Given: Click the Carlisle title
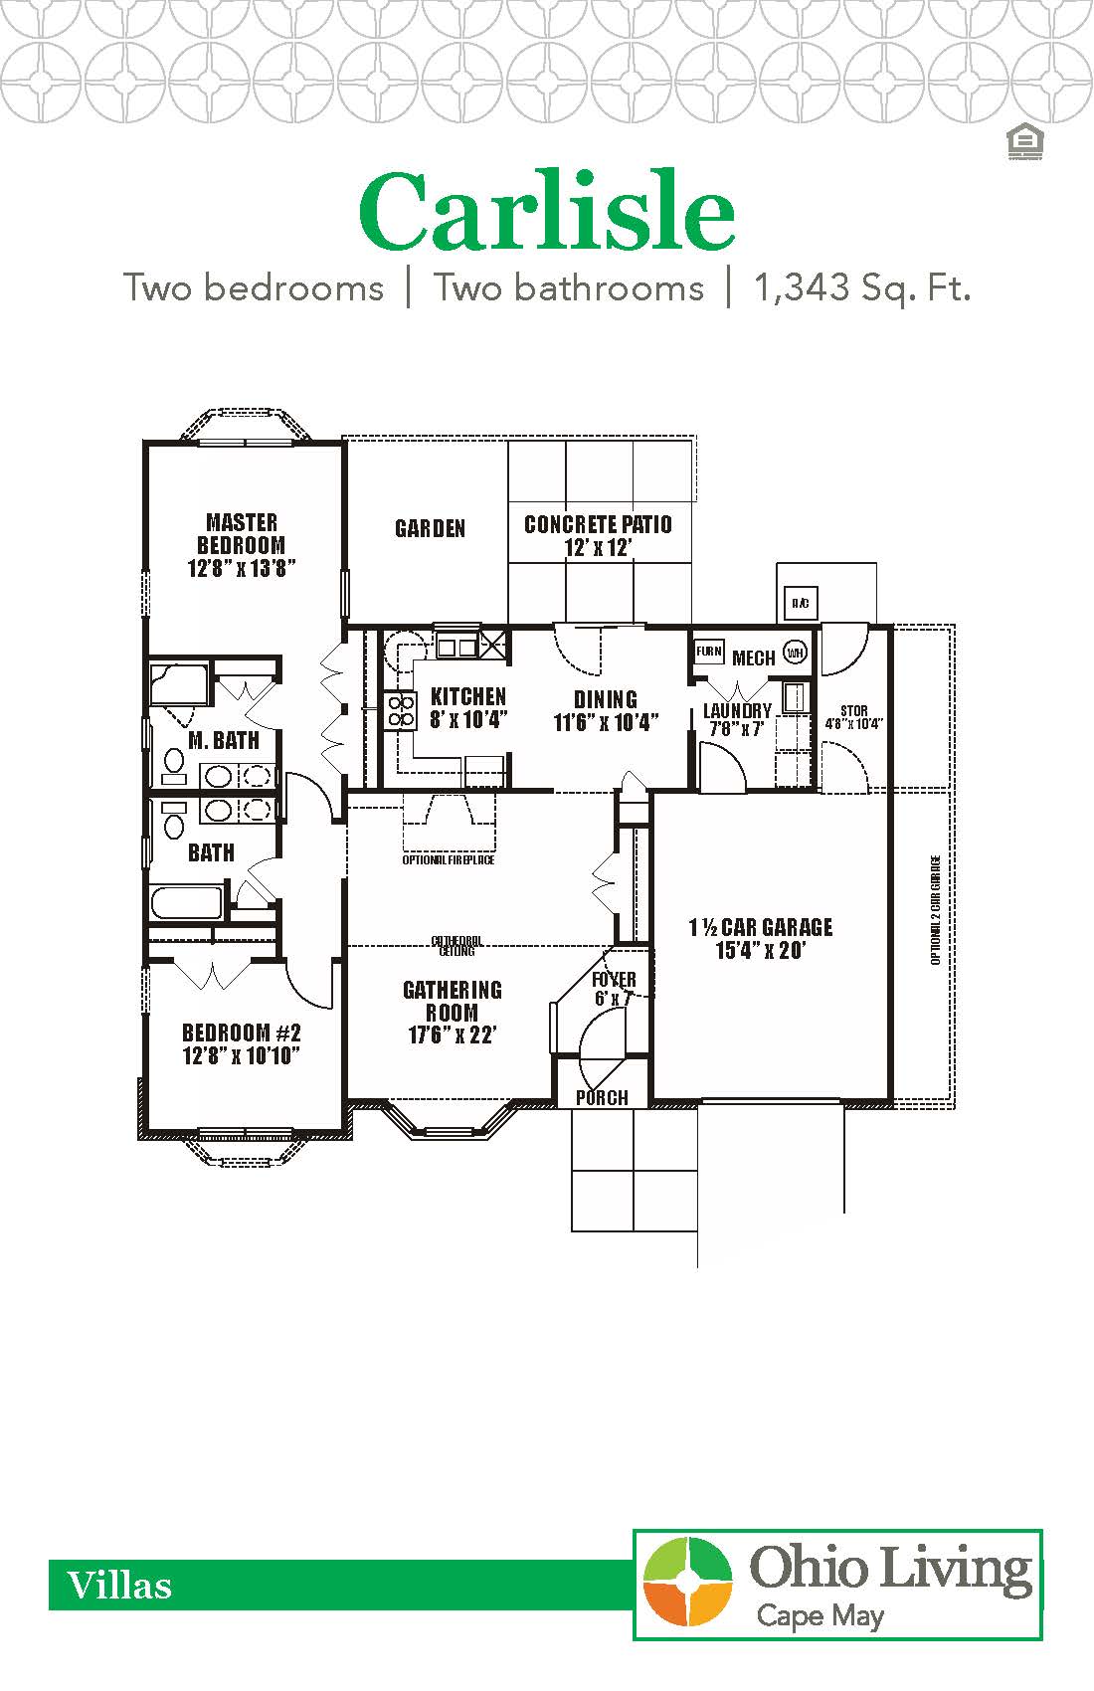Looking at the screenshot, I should (547, 212).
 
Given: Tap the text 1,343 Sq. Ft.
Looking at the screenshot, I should (861, 287).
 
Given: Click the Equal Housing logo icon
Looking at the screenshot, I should (1023, 143).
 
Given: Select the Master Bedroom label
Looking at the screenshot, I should (242, 545).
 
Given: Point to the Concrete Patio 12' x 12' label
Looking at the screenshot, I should (598, 535).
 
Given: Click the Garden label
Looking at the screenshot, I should (430, 528).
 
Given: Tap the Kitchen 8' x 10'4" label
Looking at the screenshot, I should (468, 708).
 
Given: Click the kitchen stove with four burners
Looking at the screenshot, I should (401, 710).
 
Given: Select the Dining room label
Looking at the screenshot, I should (605, 710).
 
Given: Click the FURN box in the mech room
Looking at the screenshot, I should (708, 653).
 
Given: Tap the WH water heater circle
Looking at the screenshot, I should (795, 653).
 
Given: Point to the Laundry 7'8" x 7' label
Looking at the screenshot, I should (737, 719).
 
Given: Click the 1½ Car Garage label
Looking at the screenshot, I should (761, 938).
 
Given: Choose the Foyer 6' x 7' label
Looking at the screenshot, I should (613, 989).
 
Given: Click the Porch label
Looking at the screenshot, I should (602, 1097).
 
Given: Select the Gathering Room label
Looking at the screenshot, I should (453, 1012).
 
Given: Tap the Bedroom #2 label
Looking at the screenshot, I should (242, 1043).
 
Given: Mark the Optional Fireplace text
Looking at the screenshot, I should (449, 859).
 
